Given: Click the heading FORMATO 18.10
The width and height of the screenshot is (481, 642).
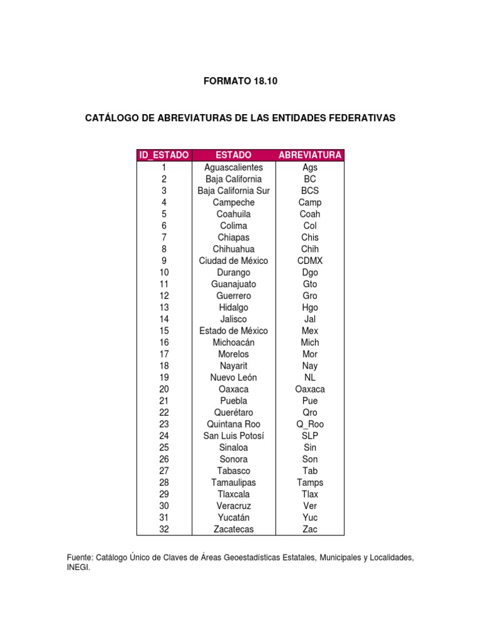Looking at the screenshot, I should (240, 81).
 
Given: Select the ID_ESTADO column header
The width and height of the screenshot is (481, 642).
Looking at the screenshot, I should (164, 155).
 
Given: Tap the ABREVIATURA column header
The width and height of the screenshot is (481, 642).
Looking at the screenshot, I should (310, 155).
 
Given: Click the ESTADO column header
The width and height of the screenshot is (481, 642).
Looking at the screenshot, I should (234, 155).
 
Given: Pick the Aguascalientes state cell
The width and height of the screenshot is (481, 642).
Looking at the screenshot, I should (234, 167).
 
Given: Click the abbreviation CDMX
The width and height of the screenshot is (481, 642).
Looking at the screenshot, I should (310, 261).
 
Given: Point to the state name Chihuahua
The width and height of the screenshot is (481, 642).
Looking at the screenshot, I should (234, 249).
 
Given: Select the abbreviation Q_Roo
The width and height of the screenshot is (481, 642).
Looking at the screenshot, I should (310, 424).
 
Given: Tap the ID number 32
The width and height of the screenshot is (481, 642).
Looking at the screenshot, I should (164, 529).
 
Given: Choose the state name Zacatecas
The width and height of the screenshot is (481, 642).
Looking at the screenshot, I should (234, 529).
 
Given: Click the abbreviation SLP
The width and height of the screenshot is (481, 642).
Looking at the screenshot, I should (310, 436).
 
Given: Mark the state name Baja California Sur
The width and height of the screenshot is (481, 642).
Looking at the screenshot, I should (234, 191).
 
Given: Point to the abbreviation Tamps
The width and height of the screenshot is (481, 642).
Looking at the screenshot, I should (310, 483).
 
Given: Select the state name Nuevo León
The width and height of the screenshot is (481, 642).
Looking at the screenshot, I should (234, 377).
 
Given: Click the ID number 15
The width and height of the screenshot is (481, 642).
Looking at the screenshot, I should (164, 331).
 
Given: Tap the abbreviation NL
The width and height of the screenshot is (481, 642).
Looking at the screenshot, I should (310, 377).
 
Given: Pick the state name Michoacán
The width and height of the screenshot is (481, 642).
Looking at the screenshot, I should (234, 342).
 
